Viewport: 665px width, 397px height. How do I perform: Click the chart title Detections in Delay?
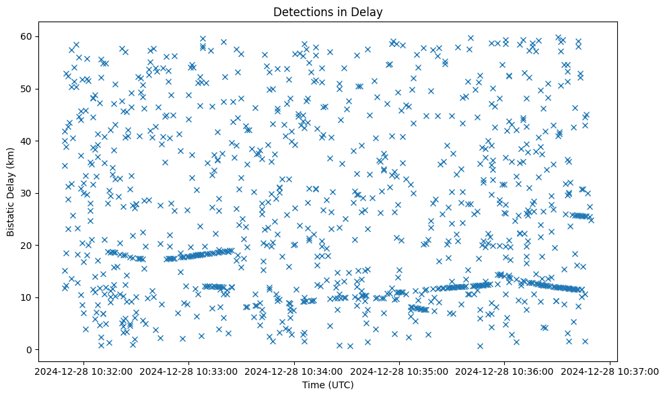(x=326, y=11)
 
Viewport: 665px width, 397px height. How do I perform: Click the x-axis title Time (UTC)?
(x=326, y=385)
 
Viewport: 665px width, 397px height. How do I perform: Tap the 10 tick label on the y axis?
(x=28, y=297)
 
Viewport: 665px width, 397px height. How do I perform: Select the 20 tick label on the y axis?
(x=28, y=245)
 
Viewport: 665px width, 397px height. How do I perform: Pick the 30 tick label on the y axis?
(x=28, y=193)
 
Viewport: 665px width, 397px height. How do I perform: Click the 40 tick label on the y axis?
(x=28, y=141)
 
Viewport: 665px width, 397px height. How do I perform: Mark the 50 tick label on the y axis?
(x=28, y=89)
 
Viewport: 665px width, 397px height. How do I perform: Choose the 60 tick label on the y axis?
(x=28, y=36)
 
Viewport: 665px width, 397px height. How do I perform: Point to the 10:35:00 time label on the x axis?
(x=399, y=371)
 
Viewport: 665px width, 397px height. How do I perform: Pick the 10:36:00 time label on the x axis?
(x=505, y=371)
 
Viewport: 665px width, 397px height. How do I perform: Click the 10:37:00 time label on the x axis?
(x=610, y=371)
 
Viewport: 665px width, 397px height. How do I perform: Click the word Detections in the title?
(x=301, y=11)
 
